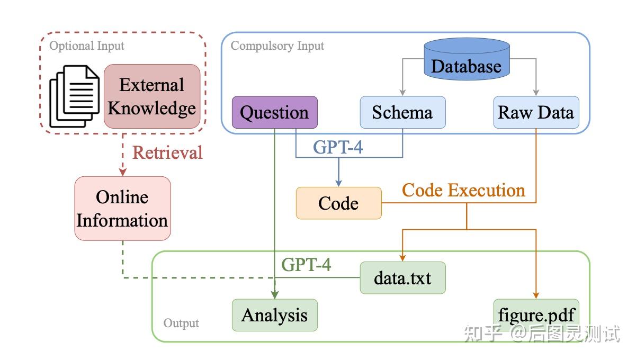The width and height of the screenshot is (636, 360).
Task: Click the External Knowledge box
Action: pyautogui.click(x=152, y=96)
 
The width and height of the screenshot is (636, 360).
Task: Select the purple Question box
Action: pyautogui.click(x=274, y=112)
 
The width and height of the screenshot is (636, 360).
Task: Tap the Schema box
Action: pyautogui.click(x=402, y=112)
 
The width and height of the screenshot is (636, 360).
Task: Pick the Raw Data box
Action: pyautogui.click(x=536, y=112)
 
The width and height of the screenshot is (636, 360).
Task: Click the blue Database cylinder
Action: pyautogui.click(x=467, y=59)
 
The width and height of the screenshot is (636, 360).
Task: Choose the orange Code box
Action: pyautogui.click(x=339, y=203)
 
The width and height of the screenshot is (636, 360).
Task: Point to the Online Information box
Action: pyautogui.click(x=123, y=209)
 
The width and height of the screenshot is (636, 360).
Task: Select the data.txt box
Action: pyautogui.click(x=402, y=277)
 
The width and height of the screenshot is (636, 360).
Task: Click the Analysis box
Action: pyautogui.click(x=274, y=315)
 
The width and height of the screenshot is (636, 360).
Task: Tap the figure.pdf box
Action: pyautogui.click(x=536, y=315)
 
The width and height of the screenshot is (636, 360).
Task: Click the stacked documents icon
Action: pyautogui.click(x=75, y=96)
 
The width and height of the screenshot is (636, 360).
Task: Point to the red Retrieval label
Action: pyautogui.click(x=167, y=152)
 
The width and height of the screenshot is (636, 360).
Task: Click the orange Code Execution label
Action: pyautogui.click(x=464, y=190)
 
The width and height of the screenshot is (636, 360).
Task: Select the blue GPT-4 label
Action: pyautogui.click(x=338, y=147)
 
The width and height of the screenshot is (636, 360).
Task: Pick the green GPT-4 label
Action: pyautogui.click(x=306, y=264)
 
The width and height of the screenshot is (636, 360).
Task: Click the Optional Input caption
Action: pyautogui.click(x=87, y=46)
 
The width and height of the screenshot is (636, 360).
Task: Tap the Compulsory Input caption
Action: pyautogui.click(x=277, y=46)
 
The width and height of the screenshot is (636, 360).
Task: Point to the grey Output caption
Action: pyautogui.click(x=181, y=323)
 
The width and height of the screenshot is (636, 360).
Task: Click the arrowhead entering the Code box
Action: pyautogui.click(x=338, y=183)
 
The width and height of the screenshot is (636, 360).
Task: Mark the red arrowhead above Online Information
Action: pyautogui.click(x=123, y=172)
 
